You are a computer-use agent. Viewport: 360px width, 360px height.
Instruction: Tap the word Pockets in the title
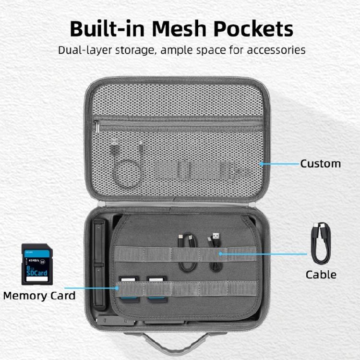252,29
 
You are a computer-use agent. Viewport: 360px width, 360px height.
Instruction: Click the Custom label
320,164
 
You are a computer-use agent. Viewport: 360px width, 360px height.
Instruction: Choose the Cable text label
321,275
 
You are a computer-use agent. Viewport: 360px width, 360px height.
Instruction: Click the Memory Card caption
39,295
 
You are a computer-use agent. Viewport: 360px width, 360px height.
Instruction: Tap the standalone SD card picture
37,264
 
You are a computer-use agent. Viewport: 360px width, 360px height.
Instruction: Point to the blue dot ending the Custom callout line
262,164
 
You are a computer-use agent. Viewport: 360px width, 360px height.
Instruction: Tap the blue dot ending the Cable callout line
220,253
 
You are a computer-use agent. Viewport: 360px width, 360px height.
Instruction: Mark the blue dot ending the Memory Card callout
118,288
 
